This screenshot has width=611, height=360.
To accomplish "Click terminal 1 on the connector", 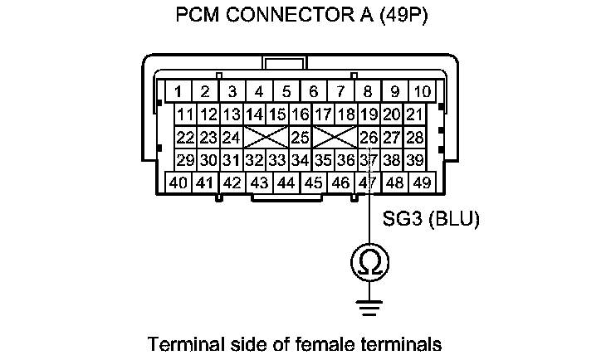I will coord(178,90).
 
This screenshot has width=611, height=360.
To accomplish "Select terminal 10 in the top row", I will coord(422,90).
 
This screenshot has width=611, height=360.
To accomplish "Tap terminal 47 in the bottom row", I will coord(366,182).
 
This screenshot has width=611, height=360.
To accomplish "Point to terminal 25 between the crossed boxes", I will coord(300,136).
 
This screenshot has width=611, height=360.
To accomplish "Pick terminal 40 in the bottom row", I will coord(178,182).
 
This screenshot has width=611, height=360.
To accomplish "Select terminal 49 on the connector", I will coord(422,182).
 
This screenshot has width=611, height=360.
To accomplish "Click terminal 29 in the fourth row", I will coord(185,158).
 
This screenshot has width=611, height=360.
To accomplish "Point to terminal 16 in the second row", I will coord(300,114).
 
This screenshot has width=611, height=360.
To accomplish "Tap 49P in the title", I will coord(402,16).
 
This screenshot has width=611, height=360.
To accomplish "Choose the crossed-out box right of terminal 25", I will coord(335,136).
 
